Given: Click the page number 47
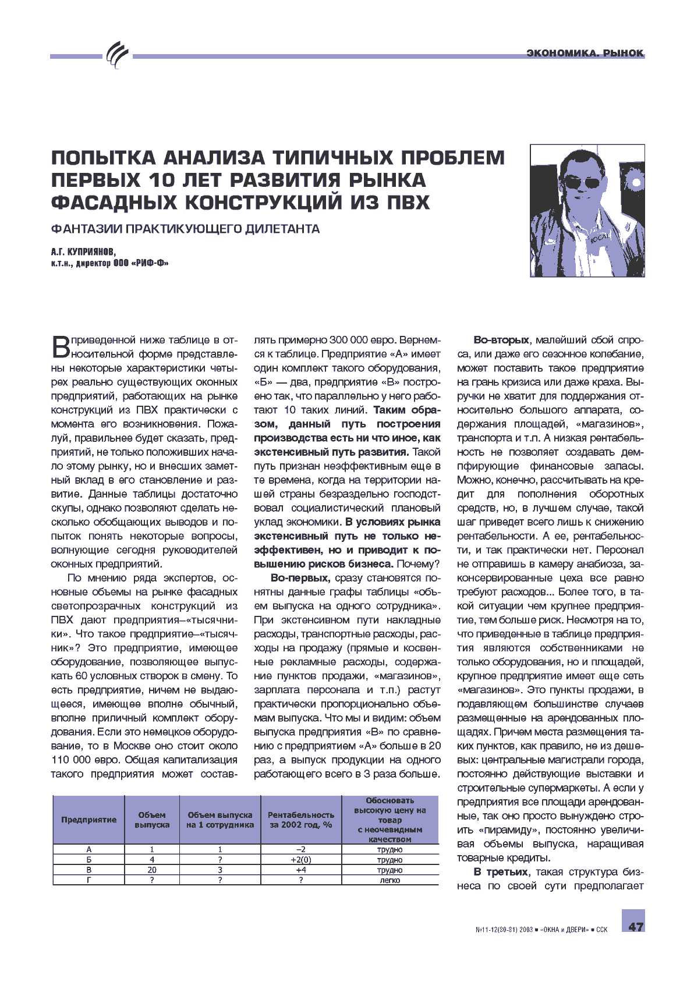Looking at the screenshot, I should pyautogui.click(x=635, y=926).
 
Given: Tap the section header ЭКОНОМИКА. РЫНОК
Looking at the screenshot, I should pyautogui.click(x=585, y=53).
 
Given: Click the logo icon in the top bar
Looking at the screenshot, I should pyautogui.click(x=118, y=55).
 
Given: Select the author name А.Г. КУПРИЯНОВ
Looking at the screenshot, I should pyautogui.click(x=83, y=251).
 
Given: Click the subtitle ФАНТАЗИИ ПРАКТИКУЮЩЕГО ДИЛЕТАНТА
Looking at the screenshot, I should pyautogui.click(x=185, y=229).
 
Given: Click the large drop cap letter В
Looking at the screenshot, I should pyautogui.click(x=61, y=347).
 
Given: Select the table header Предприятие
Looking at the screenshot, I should pyautogui.click(x=88, y=820).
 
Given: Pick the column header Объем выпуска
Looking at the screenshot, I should pyautogui.click(x=152, y=820).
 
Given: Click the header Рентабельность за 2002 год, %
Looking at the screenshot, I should pyautogui.click(x=300, y=820).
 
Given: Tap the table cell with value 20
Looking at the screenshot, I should pyautogui.click(x=152, y=870).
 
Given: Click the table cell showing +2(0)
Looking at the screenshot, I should pyautogui.click(x=300, y=860).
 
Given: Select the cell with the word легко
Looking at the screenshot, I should pyautogui.click(x=390, y=880).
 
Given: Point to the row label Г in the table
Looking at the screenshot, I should pyautogui.click(x=88, y=880).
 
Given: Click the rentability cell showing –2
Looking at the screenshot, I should pyautogui.click(x=300, y=849).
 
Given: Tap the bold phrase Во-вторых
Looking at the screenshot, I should pyautogui.click(x=501, y=340).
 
